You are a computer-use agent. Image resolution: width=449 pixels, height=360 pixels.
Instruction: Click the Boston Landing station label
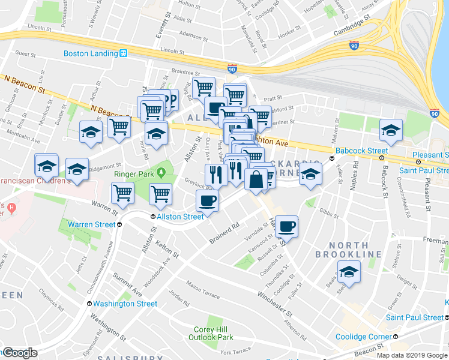pos(91,53)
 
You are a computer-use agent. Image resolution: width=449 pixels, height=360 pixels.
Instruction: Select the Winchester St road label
pos(275,298)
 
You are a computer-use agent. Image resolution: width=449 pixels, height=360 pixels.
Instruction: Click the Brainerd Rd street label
pos(224,233)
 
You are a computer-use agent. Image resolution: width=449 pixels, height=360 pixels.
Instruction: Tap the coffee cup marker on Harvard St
pos(286,226)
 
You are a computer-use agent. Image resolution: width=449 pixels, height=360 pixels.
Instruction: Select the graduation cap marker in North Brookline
pos(348,272)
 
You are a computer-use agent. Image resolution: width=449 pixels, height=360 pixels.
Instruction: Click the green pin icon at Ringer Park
pos(161,174)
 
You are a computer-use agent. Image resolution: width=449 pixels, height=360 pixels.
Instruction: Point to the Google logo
pos(20,353)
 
